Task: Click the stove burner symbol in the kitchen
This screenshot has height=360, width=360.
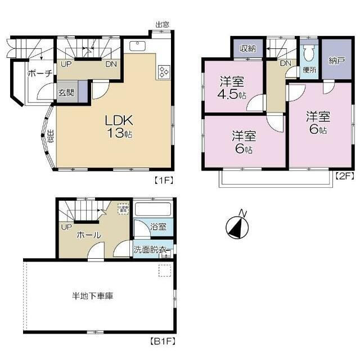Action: click(x=165, y=71)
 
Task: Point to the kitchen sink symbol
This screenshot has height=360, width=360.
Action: click(x=137, y=46)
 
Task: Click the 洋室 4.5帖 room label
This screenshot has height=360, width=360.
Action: click(x=232, y=87)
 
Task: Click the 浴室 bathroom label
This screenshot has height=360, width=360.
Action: click(x=157, y=227)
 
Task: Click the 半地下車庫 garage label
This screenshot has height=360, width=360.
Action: click(x=92, y=295)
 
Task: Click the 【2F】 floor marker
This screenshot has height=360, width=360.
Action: click(x=344, y=176)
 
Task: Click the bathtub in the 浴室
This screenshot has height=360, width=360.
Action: click(x=152, y=210)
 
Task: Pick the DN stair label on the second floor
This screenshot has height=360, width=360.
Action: click(x=285, y=63)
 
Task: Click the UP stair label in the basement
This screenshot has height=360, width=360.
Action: click(x=66, y=227)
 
